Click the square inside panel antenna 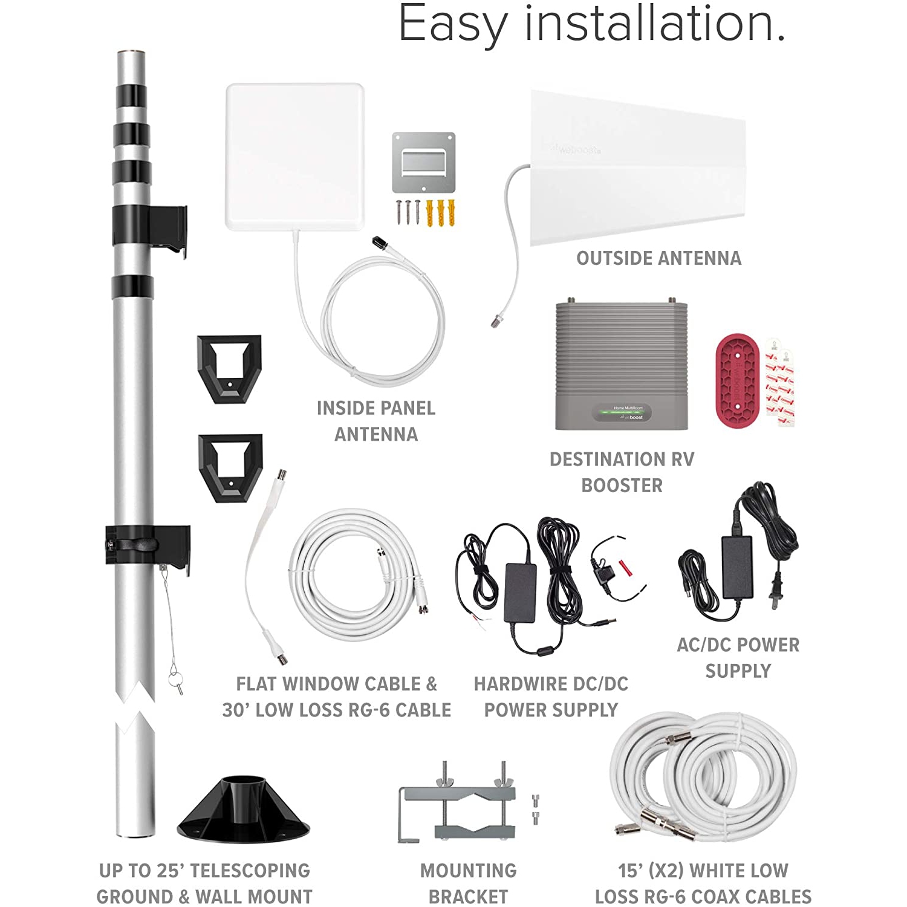pyautogui.click(x=294, y=156)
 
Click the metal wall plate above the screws pyautogui.click(x=423, y=161)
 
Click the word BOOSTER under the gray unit pyautogui.click(x=622, y=485)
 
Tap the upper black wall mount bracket pyautogui.click(x=229, y=368)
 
